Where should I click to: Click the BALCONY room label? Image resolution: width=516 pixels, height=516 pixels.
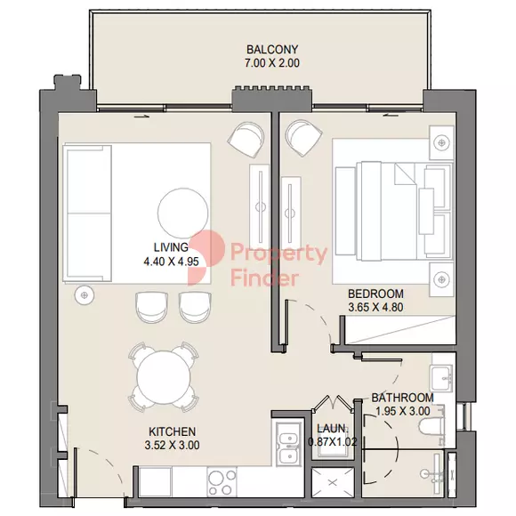(x=272, y=49)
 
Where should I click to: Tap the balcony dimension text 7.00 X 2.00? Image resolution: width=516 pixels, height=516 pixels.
(x=272, y=63)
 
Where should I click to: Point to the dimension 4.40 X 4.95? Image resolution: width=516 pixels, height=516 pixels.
(x=171, y=262)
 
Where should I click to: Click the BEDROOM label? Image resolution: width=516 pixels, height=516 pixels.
(x=375, y=294)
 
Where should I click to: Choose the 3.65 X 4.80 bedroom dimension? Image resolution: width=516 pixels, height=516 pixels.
(x=375, y=307)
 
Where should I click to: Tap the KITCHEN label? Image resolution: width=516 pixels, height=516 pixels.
(x=172, y=431)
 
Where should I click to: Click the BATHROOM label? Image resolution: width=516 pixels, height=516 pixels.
(x=402, y=398)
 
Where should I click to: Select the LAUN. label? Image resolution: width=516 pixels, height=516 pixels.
(x=333, y=429)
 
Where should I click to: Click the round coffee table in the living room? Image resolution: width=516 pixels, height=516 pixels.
(x=183, y=214)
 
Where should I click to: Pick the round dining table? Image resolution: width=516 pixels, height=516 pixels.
(x=164, y=377)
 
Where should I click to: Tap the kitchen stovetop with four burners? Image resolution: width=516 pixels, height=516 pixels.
(x=222, y=482)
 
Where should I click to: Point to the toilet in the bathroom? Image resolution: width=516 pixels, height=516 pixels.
(x=431, y=426)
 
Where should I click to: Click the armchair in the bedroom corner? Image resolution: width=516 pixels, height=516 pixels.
(x=303, y=137)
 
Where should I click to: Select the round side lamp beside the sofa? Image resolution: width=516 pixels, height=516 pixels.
(x=85, y=294)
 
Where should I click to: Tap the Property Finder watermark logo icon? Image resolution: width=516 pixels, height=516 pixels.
(x=206, y=257)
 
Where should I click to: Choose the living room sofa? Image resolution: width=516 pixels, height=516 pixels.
(x=87, y=214)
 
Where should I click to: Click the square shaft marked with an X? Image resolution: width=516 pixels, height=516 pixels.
(x=333, y=483)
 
